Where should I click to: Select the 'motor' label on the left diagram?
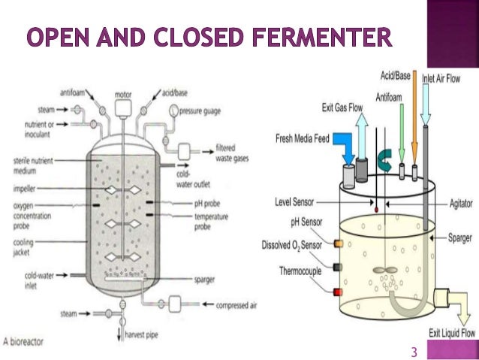pyautogui.click(x=123, y=95)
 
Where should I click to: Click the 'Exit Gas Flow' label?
pyautogui.click(x=341, y=108)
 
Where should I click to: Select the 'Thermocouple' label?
pyautogui.click(x=303, y=269)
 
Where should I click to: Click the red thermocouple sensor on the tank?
pyautogui.click(x=338, y=290)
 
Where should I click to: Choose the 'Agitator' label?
pyautogui.click(x=459, y=201)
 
